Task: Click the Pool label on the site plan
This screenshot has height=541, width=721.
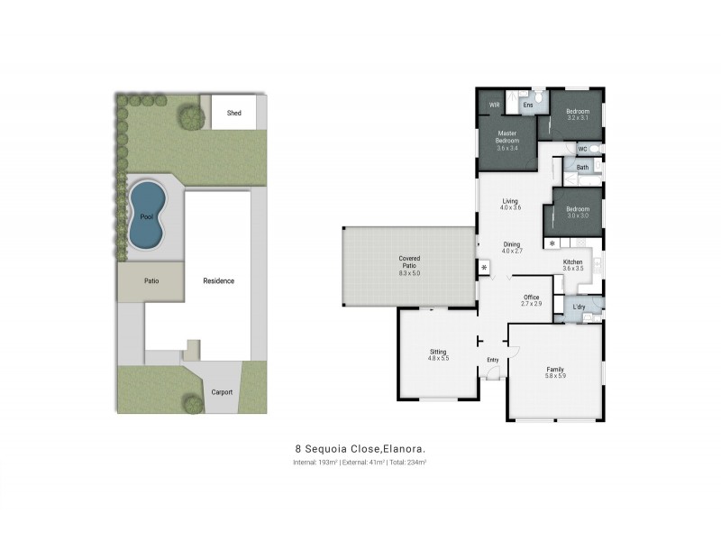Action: click(x=147, y=216)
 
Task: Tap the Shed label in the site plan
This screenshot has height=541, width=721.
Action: click(x=234, y=114)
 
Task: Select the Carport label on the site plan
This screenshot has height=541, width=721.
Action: click(x=222, y=391)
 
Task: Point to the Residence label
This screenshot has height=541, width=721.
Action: click(x=218, y=280)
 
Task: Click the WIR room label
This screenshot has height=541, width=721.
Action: click(x=495, y=105)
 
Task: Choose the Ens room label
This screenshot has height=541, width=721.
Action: click(x=528, y=105)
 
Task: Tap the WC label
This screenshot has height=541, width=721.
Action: click(x=582, y=149)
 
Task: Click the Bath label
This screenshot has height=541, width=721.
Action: click(x=582, y=167)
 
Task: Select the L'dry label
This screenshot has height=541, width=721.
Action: click(x=580, y=307)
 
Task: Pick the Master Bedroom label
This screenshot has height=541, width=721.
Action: click(x=507, y=137)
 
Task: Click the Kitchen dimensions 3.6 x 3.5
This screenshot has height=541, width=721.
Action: click(x=573, y=269)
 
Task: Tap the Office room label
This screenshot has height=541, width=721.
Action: click(x=532, y=297)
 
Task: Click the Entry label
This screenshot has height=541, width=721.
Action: click(x=492, y=361)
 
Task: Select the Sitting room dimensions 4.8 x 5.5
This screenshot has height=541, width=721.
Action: click(x=438, y=359)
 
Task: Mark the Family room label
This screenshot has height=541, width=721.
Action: click(x=555, y=370)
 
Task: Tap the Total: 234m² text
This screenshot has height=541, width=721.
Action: click(x=407, y=463)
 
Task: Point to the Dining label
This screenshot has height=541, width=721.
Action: click(x=511, y=244)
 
